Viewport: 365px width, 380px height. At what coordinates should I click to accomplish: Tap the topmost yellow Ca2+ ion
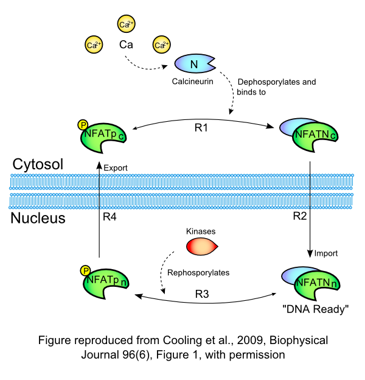click(125, 24)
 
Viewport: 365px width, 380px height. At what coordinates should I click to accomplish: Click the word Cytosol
click(37, 164)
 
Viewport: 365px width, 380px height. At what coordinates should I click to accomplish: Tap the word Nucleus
click(38, 217)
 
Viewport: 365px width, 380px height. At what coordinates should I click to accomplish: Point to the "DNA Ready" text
click(316, 309)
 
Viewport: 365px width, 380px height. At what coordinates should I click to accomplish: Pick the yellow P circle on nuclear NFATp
click(85, 270)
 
